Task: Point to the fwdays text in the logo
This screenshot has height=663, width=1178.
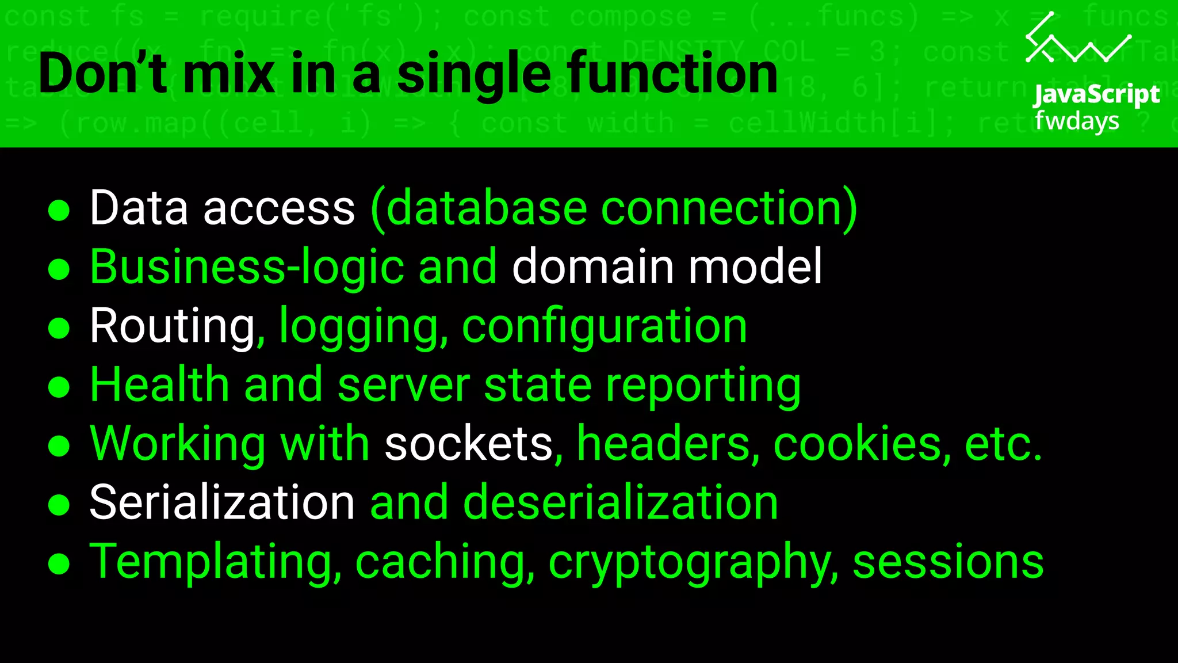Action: (x=1077, y=121)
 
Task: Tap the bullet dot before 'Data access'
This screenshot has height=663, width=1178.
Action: (x=59, y=211)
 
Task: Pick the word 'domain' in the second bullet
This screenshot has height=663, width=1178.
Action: (x=592, y=267)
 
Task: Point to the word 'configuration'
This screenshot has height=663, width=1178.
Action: (x=604, y=327)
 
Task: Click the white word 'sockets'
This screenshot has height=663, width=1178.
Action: (x=468, y=444)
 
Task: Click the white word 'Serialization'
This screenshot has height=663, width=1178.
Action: (x=222, y=502)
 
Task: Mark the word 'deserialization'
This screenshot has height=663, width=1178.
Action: (x=620, y=502)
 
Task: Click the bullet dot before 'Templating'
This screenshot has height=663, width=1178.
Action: (x=59, y=564)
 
